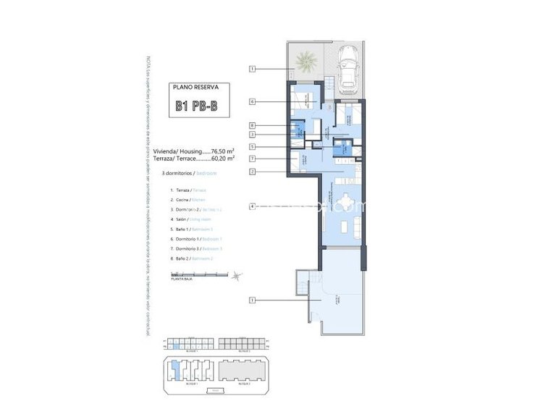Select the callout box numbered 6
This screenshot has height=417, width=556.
tap(252, 102)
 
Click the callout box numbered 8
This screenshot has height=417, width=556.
tap(252, 125)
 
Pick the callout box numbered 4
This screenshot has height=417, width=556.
tap(252, 206)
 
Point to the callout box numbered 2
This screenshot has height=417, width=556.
tap(252, 172)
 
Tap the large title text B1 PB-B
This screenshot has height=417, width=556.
tap(195, 107)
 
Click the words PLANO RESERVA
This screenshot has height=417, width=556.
tap(195, 87)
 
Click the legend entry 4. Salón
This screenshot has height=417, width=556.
tap(190, 219)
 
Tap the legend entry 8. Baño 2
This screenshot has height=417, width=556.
tap(192, 258)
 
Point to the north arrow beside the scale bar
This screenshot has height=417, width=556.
tap(241, 274)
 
